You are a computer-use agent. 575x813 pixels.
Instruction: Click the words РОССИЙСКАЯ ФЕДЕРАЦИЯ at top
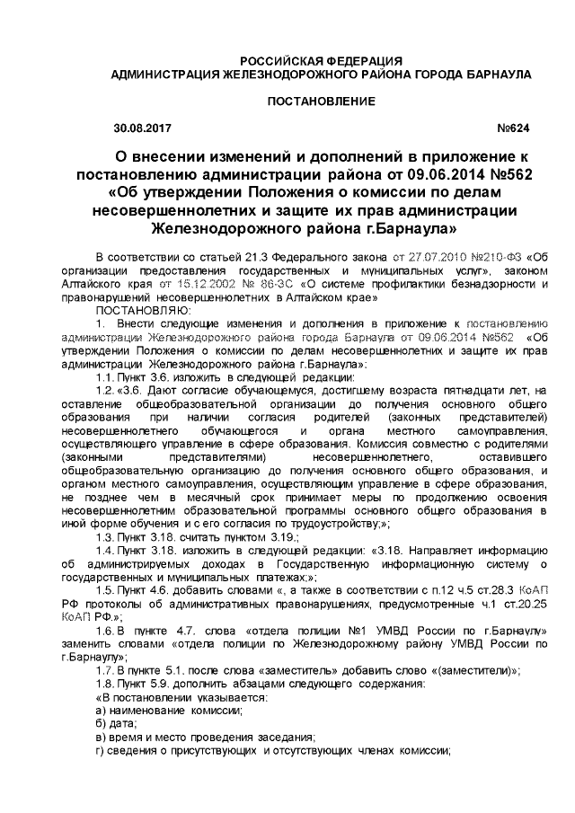pyautogui.click(x=309, y=59)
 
